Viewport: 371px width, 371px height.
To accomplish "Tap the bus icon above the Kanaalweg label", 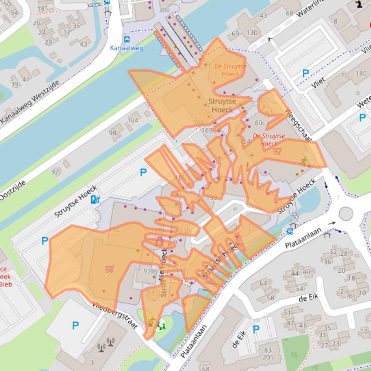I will pos(126,40).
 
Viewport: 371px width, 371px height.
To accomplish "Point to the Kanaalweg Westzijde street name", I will pos(30,102).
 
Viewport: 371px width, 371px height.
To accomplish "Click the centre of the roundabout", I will pos(346,213).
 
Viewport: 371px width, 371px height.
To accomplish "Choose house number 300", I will pos(164,10).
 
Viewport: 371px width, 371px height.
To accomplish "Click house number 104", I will pos(133,120).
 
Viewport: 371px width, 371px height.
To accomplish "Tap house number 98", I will pos(112,133).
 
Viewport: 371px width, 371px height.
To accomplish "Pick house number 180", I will pos(360,73).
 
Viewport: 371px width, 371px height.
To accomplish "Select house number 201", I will pos(268,358).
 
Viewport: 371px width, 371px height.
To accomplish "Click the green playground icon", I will pos(161,326).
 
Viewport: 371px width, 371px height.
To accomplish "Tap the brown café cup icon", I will pos(151,323).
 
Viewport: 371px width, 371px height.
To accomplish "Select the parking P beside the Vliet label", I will pos(305,73).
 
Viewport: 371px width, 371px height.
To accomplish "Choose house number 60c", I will pos(260,123).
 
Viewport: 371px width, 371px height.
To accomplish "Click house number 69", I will pos(235,34).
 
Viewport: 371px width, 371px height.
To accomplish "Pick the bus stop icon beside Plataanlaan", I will pos(289,231).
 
